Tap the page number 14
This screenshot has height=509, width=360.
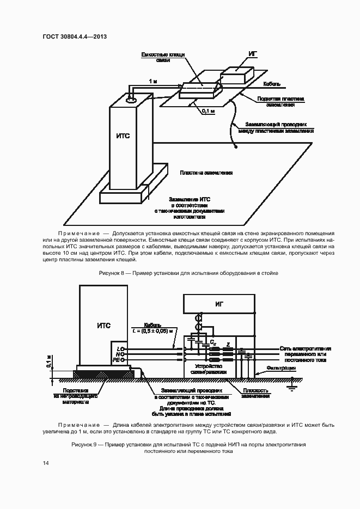coord(46,463)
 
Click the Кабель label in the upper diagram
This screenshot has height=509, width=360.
coord(272,84)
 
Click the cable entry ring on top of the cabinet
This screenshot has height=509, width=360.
coord(131,100)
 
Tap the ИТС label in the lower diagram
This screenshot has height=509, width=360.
coord(103,326)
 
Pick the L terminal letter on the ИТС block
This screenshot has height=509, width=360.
coord(118,347)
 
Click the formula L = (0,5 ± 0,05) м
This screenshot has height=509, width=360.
coord(156,330)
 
